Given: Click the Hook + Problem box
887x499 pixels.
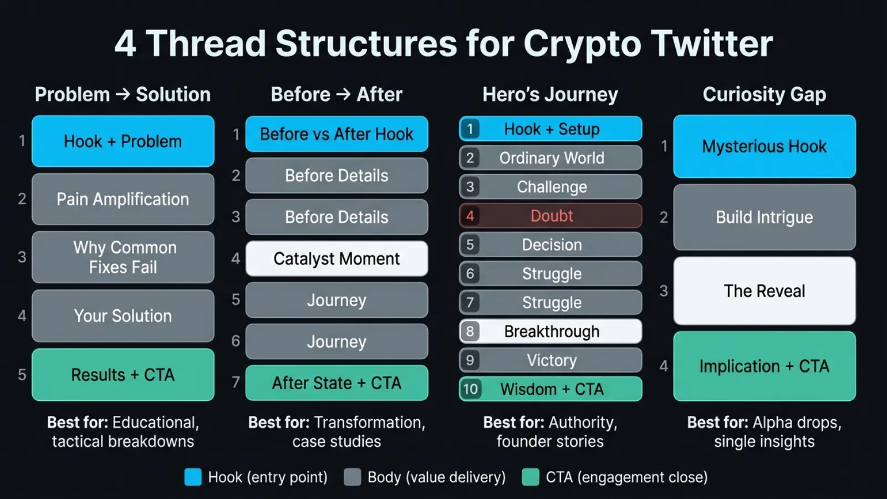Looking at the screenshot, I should click(x=123, y=141).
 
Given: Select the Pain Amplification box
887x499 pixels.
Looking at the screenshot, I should click(x=123, y=199).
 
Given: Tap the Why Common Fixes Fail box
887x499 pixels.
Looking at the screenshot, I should click(x=123, y=257).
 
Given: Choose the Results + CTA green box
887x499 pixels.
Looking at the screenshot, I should click(x=123, y=375).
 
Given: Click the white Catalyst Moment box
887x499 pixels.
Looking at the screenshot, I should click(x=337, y=258).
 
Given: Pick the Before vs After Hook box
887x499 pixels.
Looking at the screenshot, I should click(x=337, y=134).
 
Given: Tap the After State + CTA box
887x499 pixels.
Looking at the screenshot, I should click(x=337, y=383).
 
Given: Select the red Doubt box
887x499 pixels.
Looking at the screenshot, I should click(x=551, y=216).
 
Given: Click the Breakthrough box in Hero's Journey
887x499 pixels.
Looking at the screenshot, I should click(x=551, y=332).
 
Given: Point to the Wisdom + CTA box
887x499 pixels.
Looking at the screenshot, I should click(x=551, y=389).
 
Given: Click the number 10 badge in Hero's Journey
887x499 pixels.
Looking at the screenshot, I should click(x=470, y=389).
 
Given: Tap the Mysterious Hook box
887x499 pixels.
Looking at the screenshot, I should click(x=764, y=146).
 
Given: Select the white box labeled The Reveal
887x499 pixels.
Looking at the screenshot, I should click(x=764, y=291).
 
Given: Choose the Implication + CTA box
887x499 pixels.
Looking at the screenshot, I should click(x=764, y=366).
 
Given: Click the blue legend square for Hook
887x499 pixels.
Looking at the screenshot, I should click(x=193, y=477).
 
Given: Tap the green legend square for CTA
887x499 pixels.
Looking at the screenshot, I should click(x=531, y=477).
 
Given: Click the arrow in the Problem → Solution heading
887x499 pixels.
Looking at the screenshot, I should click(x=123, y=94).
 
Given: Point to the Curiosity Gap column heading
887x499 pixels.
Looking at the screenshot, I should click(x=764, y=94).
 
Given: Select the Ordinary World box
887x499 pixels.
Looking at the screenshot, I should click(x=551, y=158).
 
